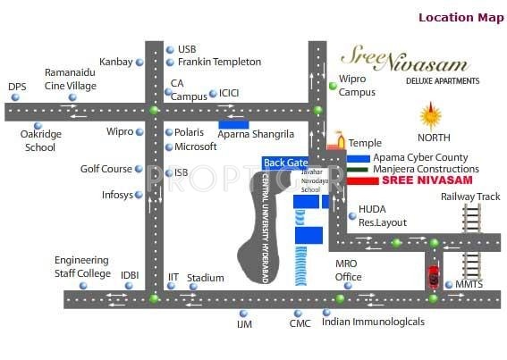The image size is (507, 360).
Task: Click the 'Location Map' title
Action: coord(461,17)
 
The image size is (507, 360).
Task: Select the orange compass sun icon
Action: coord(432,116)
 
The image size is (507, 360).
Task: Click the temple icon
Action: coord(337,140)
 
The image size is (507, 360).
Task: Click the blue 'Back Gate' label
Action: coord(285,163)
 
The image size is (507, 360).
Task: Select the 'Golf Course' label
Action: coord(106,169)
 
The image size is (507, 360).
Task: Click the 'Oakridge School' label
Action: coord(40,141)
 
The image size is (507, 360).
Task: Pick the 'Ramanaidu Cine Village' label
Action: coord(71,79)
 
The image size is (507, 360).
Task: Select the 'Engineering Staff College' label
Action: coord(82,266)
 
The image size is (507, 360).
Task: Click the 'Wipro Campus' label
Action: coord(358,86)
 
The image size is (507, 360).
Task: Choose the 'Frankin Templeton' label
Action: coord(219,62)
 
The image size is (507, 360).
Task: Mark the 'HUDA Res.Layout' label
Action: coord(383,215)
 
